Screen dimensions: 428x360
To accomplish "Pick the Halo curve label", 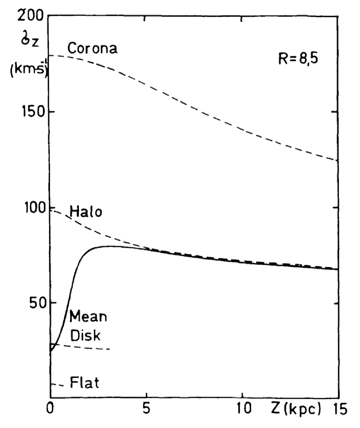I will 86,213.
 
